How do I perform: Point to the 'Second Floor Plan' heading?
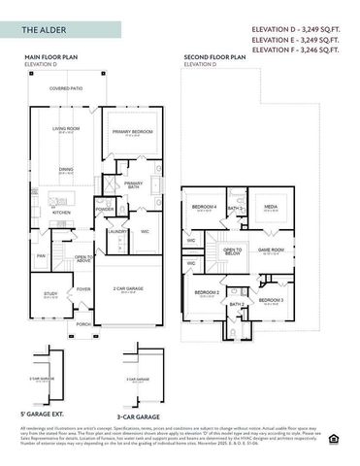click(x=214, y=58)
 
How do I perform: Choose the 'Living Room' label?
click(x=67, y=127)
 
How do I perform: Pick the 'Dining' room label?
click(x=66, y=170)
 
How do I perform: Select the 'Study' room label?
click(x=50, y=292)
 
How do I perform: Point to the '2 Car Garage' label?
click(x=127, y=288)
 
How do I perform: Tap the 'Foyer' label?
click(x=83, y=288)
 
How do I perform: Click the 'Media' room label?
click(x=271, y=207)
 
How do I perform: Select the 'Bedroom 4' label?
click(x=204, y=207)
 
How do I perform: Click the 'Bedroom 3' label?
click(x=271, y=300)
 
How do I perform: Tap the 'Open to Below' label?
click(x=232, y=250)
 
